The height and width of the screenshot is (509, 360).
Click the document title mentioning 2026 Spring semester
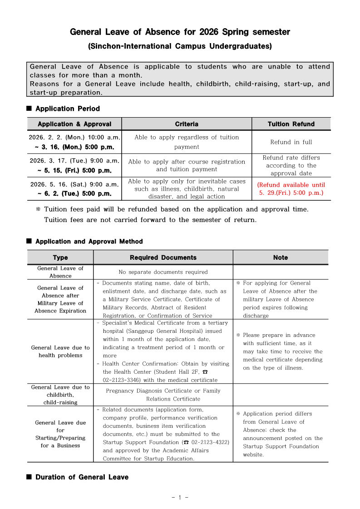[180, 32]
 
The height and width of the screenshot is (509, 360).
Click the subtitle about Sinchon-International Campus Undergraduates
[180, 46]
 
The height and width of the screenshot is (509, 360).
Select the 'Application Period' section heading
[67, 109]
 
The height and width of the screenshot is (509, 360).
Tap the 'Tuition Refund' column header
[291, 124]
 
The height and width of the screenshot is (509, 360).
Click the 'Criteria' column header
[187, 124]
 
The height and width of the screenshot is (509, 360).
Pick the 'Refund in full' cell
[291, 142]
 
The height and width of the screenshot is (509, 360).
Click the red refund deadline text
[291, 189]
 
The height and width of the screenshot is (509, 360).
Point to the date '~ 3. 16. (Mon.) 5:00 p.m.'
[74, 147]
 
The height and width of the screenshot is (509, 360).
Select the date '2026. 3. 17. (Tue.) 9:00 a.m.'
[74, 161]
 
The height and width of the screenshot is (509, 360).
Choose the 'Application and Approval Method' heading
[89, 242]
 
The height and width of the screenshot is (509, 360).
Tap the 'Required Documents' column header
[163, 257]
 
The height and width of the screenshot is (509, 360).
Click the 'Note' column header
[281, 257]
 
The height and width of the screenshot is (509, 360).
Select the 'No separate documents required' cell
[163, 272]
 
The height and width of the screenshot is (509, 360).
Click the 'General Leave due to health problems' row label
[60, 351]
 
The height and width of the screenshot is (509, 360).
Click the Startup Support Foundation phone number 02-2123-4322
[208, 442]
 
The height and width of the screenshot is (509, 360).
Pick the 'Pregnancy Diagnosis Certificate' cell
[163, 391]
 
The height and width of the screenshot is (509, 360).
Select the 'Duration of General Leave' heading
[82, 477]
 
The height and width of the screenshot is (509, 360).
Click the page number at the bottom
[180, 498]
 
